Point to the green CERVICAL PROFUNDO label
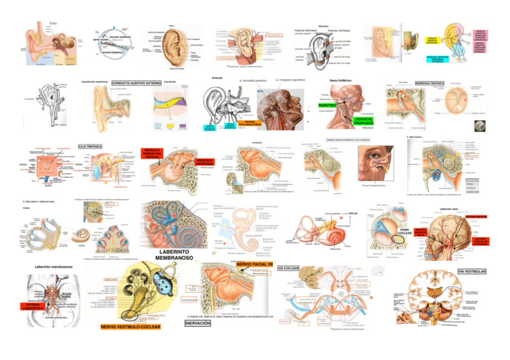(364, 122)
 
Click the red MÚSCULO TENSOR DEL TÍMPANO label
(151, 154)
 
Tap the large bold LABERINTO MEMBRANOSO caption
(173, 254)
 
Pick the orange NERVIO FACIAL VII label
(254, 264)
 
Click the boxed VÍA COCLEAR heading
(287, 267)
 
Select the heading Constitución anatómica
(96, 81)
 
